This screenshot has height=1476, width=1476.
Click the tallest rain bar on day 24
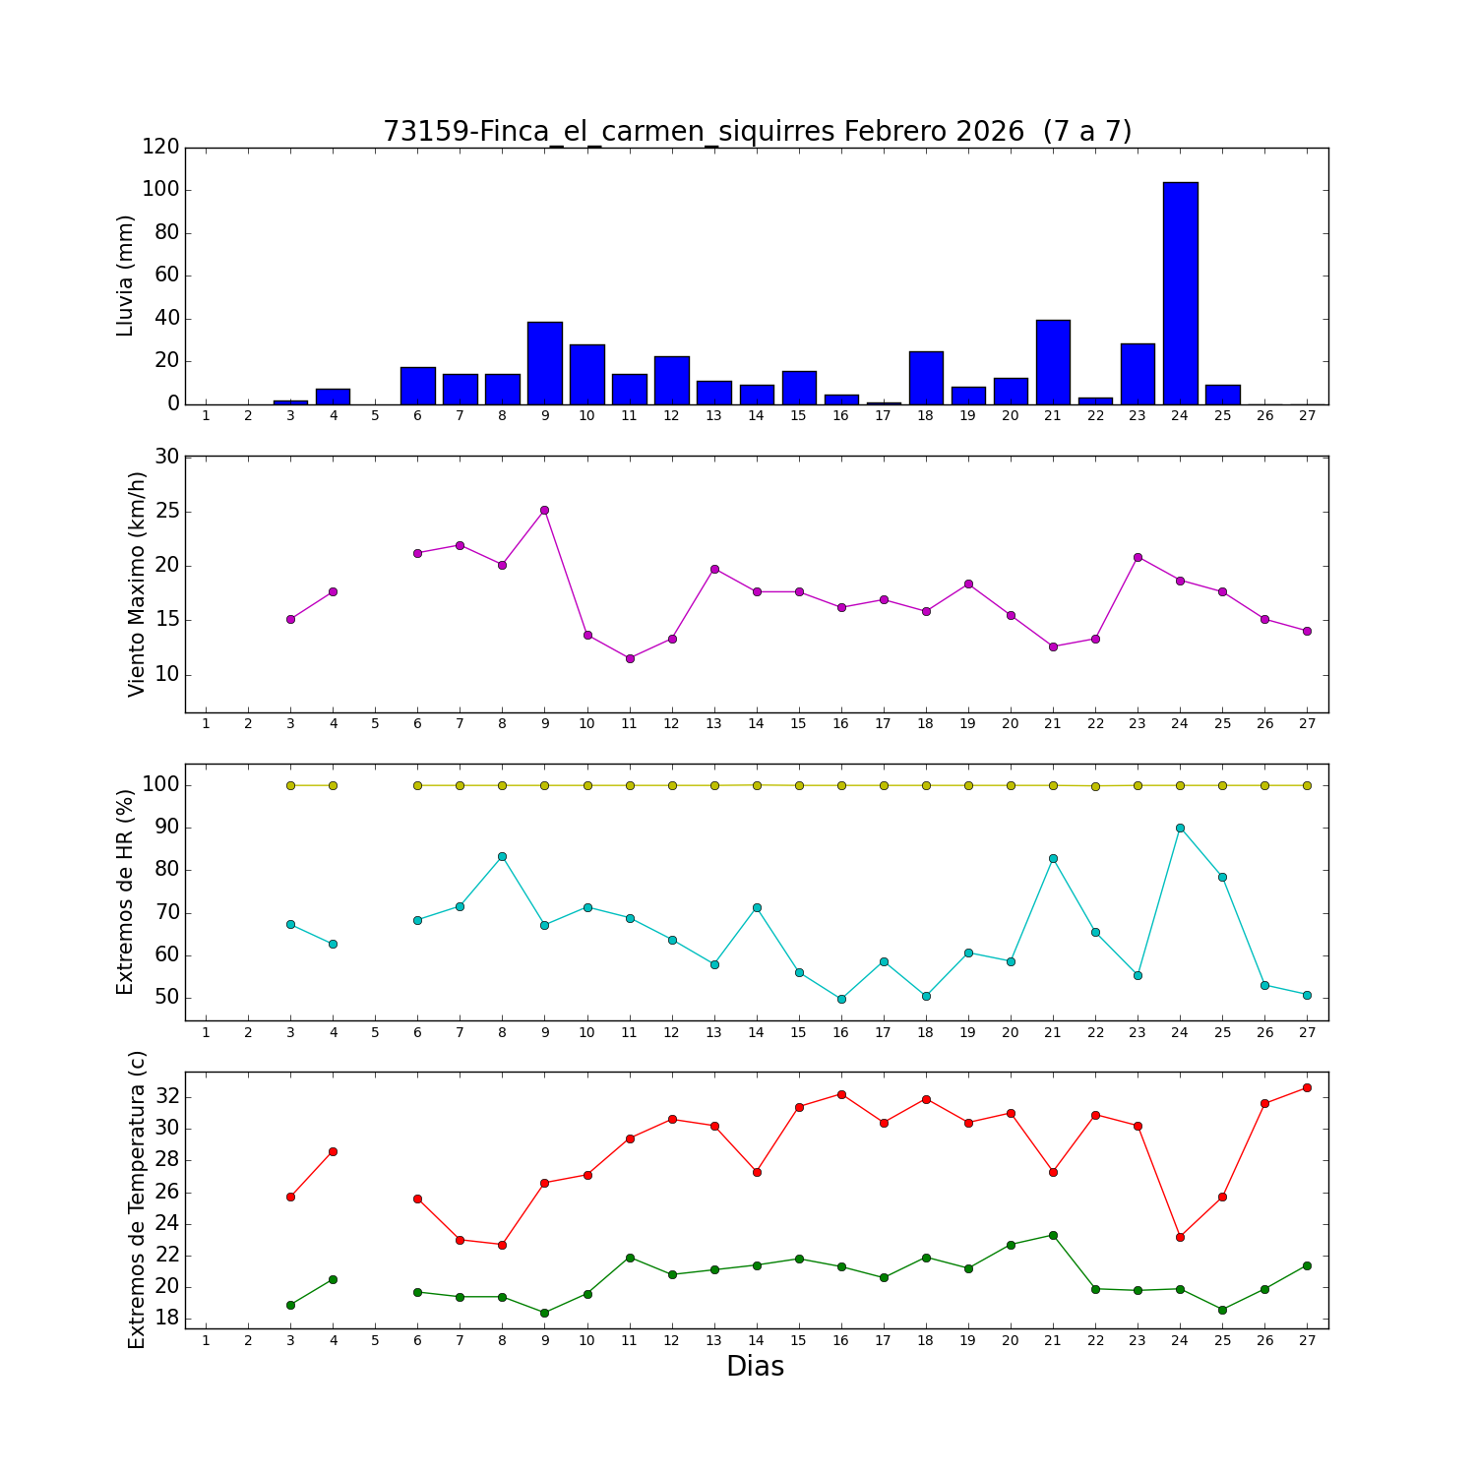point(1180,293)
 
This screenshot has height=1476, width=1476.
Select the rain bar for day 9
point(544,363)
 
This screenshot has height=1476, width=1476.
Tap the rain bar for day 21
point(1053,362)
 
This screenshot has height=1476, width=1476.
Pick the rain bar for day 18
point(926,378)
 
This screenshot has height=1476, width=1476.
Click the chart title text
point(757,131)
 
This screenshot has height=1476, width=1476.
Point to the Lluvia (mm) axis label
point(125,276)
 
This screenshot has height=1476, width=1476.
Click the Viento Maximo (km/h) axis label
point(137,584)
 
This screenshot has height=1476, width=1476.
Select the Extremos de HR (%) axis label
point(125,892)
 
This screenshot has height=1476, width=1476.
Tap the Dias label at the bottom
point(755,1366)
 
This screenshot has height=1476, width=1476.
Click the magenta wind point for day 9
point(544,510)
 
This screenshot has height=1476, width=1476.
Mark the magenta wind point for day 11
point(630,658)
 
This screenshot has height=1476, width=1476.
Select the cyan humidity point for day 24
point(1180,828)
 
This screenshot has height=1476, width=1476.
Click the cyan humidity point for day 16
point(841,999)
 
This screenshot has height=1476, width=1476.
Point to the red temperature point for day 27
point(1307,1087)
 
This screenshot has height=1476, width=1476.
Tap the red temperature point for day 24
point(1180,1237)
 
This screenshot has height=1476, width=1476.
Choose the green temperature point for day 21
point(1053,1235)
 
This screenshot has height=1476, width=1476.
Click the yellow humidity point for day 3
point(290,785)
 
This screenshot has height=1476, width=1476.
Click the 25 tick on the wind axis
point(166,512)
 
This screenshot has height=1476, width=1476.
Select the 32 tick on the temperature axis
point(166,1096)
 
